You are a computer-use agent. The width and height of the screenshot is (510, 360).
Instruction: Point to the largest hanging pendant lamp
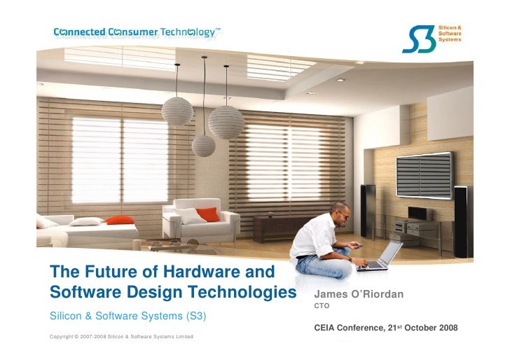(x=226, y=122)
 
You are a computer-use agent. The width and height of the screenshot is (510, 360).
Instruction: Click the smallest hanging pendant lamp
(x=204, y=145)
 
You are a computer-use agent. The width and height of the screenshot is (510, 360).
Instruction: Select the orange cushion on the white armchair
(x=207, y=214)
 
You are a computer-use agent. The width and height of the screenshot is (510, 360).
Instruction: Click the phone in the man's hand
(x=357, y=245)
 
